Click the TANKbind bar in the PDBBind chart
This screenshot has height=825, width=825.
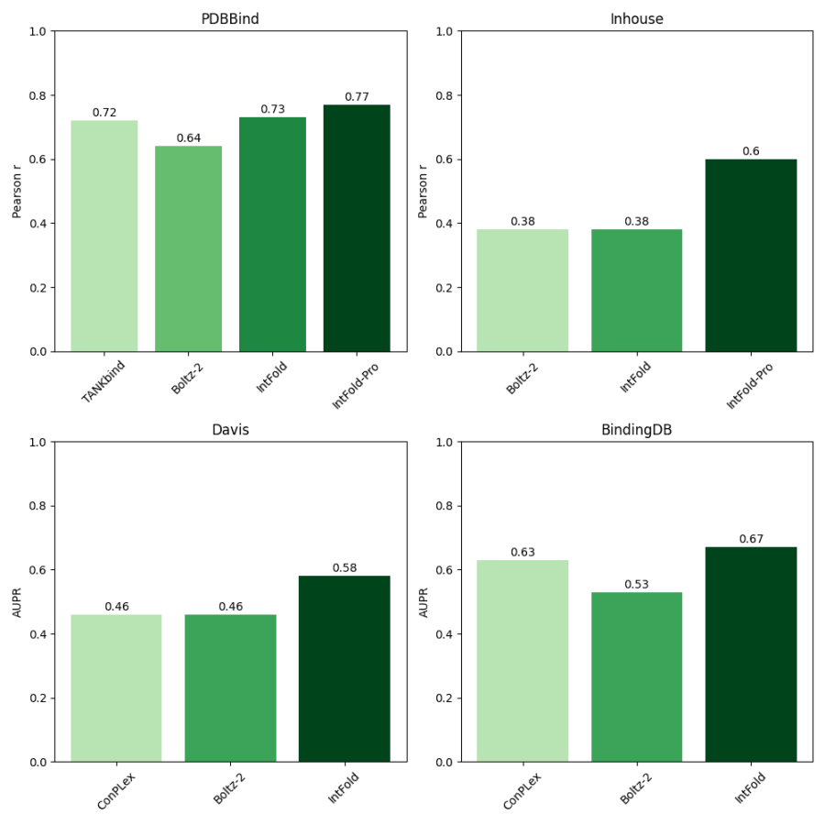[x=104, y=236]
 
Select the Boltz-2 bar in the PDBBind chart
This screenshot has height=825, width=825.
[x=188, y=248]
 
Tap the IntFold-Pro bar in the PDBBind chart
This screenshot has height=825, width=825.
[x=357, y=228]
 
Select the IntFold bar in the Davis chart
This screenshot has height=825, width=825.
[x=345, y=668]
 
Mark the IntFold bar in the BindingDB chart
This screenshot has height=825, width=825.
[x=751, y=654]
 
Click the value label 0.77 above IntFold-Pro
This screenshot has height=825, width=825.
[x=357, y=96]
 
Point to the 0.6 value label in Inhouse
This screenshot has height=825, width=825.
[x=751, y=151]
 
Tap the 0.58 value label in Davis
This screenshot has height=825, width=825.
[x=345, y=567]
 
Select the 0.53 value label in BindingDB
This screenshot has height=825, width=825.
[x=636, y=584]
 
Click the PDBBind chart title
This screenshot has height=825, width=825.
[x=230, y=19]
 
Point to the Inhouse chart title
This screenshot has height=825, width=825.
[x=636, y=19]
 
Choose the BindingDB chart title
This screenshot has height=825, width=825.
[x=636, y=430]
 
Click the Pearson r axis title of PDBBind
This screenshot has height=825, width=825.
[x=16, y=191]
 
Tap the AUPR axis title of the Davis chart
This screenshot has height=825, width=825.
[x=16, y=602]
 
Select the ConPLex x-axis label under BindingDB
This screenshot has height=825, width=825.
[x=522, y=790]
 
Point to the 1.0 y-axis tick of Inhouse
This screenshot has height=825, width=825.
[x=444, y=31]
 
